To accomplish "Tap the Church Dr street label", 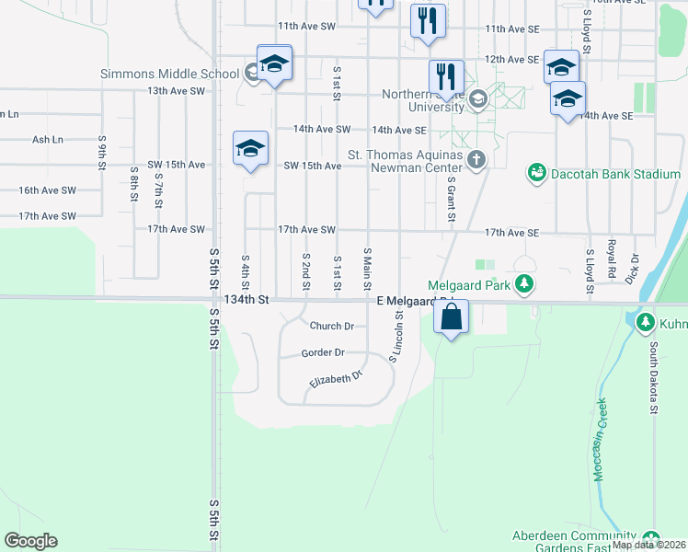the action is (331, 326).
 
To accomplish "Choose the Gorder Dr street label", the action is (323, 352).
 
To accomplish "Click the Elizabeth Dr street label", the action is (337, 377).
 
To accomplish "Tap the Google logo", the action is (30, 541).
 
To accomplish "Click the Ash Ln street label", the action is (48, 140).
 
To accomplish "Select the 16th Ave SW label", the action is (48, 190).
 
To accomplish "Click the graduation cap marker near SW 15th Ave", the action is (250, 149).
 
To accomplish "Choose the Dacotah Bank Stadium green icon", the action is (535, 173).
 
